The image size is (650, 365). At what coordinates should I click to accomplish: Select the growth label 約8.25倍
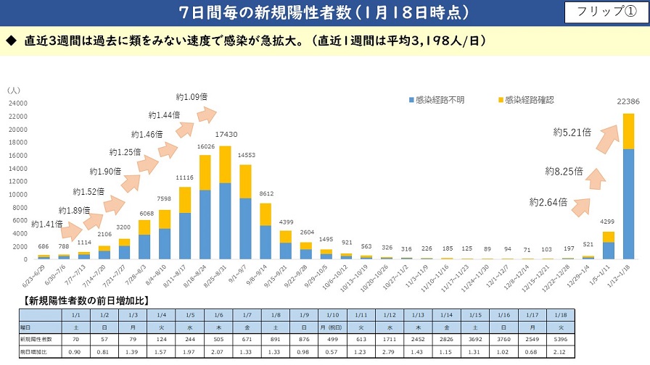click(565, 172)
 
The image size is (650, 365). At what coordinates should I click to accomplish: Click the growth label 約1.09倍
click(192, 97)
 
